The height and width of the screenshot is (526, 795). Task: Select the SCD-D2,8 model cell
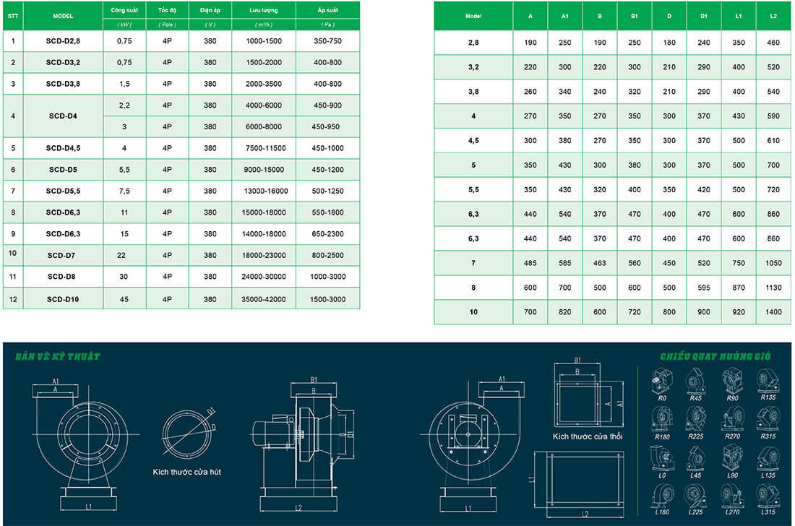[x=63, y=41]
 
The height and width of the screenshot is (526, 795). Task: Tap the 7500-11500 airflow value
[x=264, y=148]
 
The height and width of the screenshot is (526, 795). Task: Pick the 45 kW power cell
[x=124, y=299]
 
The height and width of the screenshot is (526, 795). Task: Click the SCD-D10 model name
[x=63, y=299]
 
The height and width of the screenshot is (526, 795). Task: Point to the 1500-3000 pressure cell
[x=327, y=299]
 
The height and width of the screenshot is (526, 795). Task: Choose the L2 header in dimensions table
[x=773, y=15]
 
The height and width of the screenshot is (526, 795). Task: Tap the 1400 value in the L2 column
[x=773, y=312]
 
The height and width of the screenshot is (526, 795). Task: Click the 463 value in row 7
[x=599, y=263]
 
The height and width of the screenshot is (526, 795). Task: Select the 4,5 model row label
[x=473, y=140]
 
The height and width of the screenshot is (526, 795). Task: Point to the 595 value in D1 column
[x=704, y=288]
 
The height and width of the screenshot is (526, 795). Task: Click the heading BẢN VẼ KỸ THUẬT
[x=57, y=357]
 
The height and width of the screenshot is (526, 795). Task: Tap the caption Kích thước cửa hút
[x=186, y=471]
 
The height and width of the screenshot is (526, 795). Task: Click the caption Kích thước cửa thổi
[x=588, y=436]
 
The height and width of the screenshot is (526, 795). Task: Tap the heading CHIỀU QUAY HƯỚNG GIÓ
[x=715, y=357]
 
